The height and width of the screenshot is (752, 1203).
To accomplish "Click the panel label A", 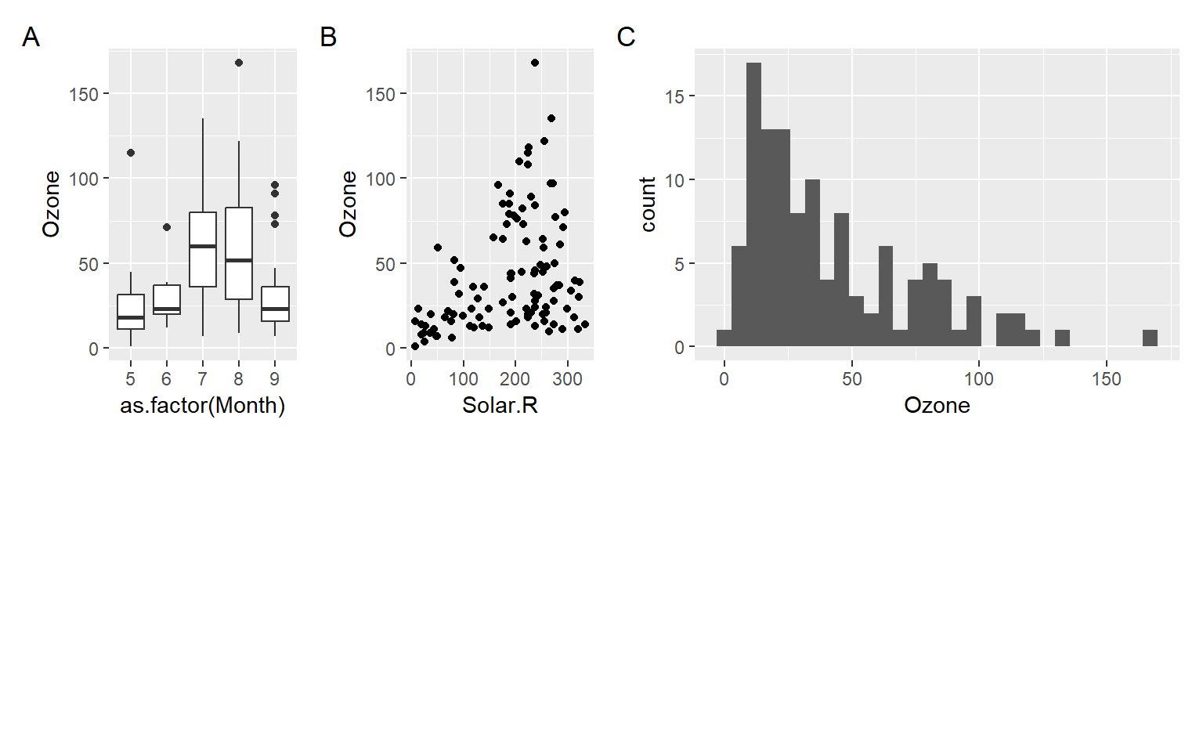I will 31,37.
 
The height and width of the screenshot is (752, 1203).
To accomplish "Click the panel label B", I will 328,37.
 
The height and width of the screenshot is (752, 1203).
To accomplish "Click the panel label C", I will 626,37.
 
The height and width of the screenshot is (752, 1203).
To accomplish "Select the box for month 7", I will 203,249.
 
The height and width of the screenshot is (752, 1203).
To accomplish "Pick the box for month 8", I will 239,253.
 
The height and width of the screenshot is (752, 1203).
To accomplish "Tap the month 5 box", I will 131,312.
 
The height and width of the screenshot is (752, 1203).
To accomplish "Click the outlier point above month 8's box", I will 239,63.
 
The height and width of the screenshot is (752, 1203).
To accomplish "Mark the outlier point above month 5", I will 131,153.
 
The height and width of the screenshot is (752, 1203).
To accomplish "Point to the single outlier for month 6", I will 167,227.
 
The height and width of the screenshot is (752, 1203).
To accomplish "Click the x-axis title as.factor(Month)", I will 202,405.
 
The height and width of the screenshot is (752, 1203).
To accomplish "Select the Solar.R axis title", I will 500,405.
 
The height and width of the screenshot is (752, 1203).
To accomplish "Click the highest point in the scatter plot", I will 535,63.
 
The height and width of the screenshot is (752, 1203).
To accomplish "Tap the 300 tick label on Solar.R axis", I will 567,380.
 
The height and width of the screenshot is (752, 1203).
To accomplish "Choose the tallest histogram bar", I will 753,204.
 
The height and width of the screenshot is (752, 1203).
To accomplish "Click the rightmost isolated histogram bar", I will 1150,338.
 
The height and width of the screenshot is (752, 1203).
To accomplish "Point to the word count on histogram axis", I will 648,204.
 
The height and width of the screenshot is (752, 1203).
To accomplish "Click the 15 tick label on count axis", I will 674,96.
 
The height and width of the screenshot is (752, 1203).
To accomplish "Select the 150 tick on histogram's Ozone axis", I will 1106,380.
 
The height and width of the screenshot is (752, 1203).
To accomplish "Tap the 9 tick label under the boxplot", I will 275,379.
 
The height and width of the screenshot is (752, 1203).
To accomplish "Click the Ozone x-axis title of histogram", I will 937,405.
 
